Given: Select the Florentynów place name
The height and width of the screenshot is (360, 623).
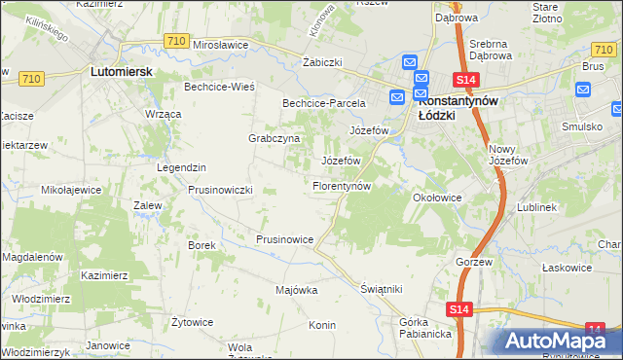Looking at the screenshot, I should tap(342, 185).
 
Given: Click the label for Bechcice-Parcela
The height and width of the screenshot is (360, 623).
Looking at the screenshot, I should tap(323, 102).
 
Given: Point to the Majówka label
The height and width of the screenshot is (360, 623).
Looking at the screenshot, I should tap(297, 290).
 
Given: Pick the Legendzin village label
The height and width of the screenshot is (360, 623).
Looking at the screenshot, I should tap(182, 167).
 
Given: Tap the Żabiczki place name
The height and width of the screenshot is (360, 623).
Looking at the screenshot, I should tap(322, 61).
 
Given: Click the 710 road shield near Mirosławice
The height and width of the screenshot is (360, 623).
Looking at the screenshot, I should tap(176, 41).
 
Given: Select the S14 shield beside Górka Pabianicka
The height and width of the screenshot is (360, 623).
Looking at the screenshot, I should tap(460, 309).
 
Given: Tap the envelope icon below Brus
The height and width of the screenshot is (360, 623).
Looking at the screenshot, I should tap(583, 90).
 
